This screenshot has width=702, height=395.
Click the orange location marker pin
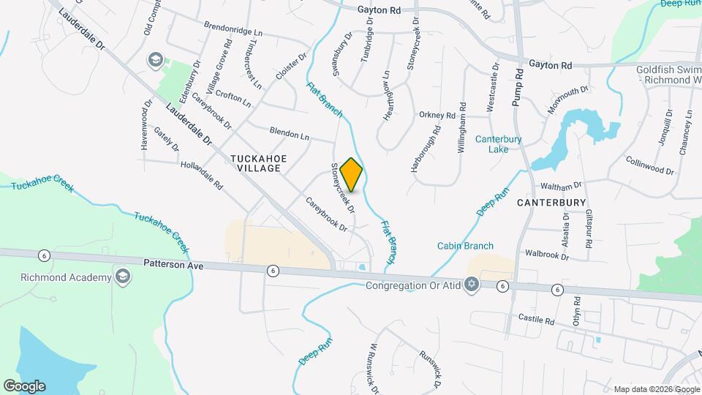352,174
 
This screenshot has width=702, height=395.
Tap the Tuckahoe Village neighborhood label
256,163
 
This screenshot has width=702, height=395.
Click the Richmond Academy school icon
122,277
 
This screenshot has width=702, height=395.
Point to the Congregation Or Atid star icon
472,285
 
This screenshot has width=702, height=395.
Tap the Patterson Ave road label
173,265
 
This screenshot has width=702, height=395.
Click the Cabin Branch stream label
465,246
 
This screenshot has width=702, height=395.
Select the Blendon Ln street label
290,135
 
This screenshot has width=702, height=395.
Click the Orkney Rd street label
437,115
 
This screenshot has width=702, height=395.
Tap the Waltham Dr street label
562,187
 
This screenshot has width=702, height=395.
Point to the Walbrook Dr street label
547,255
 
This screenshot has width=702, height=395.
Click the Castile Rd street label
537,319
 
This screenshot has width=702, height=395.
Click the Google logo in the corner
24,385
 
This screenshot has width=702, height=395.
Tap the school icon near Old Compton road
155,59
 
